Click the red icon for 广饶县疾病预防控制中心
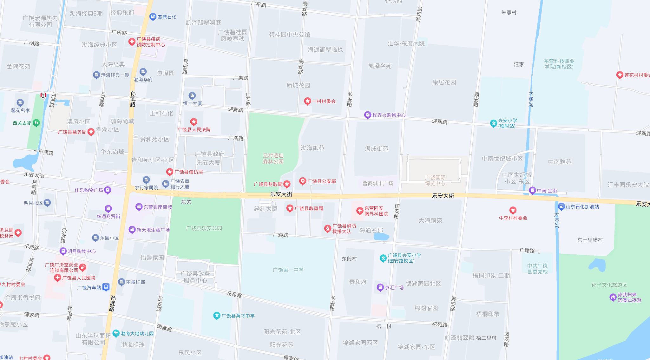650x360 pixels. [x=132, y=42]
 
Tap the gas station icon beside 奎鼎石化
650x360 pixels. [x=153, y=17]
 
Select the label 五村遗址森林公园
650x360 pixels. [x=273, y=158]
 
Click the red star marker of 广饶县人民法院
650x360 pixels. [x=194, y=122]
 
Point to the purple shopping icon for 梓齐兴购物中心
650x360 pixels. [x=367, y=115]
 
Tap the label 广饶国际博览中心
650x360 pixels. [x=435, y=180]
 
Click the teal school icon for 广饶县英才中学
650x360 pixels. [x=217, y=316]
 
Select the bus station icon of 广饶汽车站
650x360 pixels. [x=106, y=287]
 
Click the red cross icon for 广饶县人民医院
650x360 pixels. [x=57, y=278]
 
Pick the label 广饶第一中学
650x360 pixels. [x=288, y=270]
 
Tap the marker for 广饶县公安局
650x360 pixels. [x=303, y=181]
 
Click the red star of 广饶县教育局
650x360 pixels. [x=290, y=208]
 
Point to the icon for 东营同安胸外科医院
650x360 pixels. [x=359, y=211]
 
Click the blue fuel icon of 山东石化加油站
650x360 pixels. [x=561, y=207]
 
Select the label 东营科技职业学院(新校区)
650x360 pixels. [x=559, y=64]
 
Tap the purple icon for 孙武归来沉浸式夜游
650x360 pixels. [x=613, y=297]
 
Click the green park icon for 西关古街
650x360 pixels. [x=36, y=123]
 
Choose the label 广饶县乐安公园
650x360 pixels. [x=204, y=228]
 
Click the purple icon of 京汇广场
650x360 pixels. [x=380, y=287]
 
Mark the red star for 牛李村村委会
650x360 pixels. [x=513, y=210]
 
